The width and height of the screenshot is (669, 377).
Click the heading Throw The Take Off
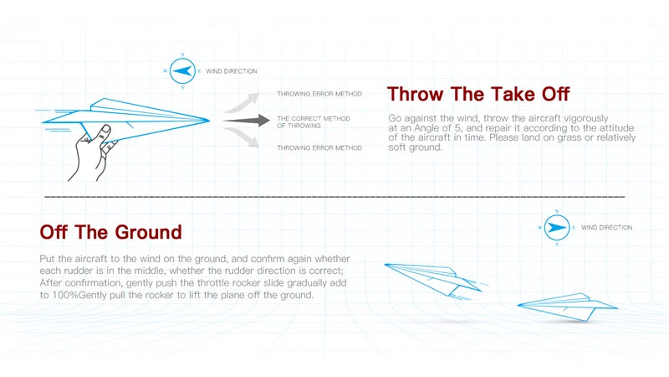[x=478, y=94]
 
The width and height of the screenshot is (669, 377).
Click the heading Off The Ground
[x=111, y=232]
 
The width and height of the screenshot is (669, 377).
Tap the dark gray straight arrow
[x=246, y=121]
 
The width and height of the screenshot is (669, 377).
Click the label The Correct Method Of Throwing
[x=314, y=121]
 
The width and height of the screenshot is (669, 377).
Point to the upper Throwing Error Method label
[x=319, y=94]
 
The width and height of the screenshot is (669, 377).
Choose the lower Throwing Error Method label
[x=319, y=148]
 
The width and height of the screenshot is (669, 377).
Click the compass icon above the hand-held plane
[x=182, y=71]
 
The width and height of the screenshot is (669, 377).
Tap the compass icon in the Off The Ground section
[x=557, y=227]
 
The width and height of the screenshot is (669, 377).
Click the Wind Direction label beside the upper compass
[x=232, y=71]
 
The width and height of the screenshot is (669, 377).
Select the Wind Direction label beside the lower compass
[x=607, y=227]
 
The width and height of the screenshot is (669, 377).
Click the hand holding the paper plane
[x=93, y=153]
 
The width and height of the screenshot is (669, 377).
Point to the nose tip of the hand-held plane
[x=210, y=121]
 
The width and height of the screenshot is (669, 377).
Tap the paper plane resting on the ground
[x=568, y=307]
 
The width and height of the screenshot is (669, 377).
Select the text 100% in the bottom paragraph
[x=65, y=295]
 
